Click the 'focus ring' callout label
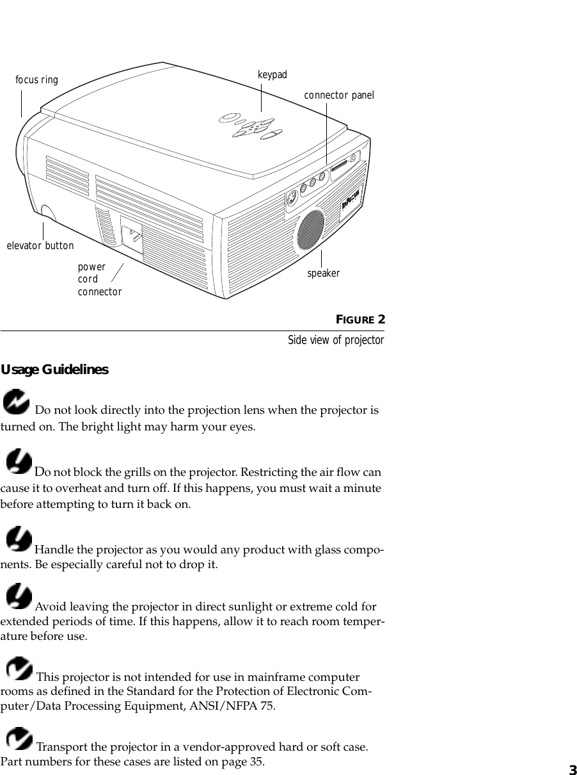[36, 80]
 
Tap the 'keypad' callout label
[273, 75]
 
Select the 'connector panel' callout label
[338, 95]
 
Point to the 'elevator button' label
[40, 246]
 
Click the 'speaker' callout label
[323, 273]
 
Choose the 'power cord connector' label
[99, 279]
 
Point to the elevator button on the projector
[47, 212]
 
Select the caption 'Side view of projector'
[335, 340]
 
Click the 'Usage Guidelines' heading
[54, 370]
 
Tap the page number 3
[572, 769]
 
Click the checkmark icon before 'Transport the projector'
[19, 739]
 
